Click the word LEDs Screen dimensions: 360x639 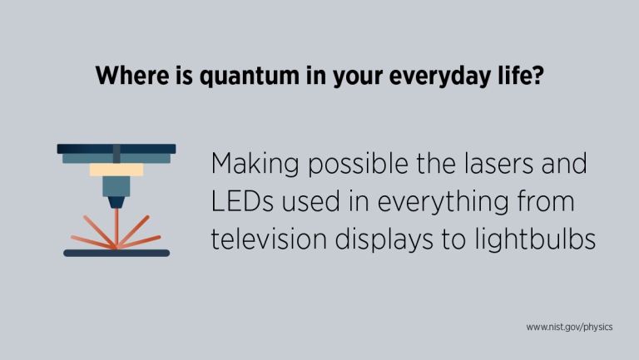coord(240,201)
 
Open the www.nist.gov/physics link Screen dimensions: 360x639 coord(570,328)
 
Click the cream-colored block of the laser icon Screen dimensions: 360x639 coord(116,170)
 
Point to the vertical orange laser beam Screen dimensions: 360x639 coord(116,224)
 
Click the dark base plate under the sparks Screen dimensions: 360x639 coord(116,253)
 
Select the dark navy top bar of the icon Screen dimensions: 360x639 coord(116,149)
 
